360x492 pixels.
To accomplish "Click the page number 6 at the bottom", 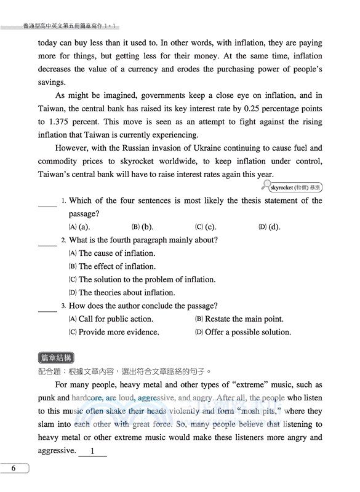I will point(13,469).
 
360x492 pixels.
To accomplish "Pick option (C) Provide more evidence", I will point(114,332).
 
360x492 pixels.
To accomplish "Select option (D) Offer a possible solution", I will point(242,332).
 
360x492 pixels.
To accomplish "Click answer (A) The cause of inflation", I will point(111,253).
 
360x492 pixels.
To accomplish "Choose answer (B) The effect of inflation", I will point(112,266).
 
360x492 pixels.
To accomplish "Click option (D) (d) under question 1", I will point(269,227).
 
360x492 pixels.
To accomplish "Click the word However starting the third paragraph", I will point(71,148).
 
